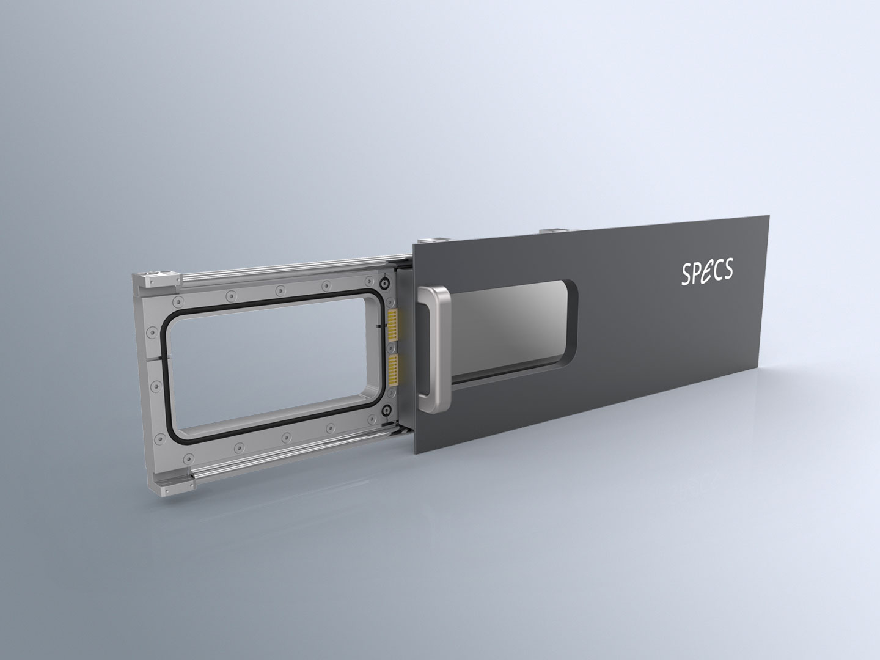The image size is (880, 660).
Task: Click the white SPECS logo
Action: pos(707,272)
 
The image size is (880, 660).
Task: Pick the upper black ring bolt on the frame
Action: pos(385,284)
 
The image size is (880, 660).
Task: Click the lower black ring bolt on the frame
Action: pos(386,409)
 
